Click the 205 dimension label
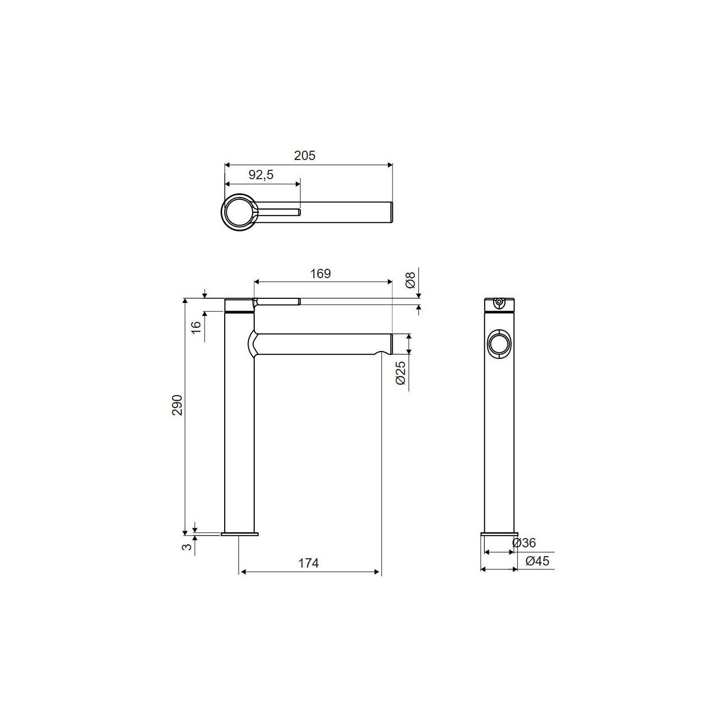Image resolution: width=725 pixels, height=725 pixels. pyautogui.click(x=304, y=155)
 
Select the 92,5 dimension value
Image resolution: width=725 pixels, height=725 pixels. pyautogui.click(x=260, y=175)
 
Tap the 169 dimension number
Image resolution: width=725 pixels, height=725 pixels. pyautogui.click(x=320, y=273)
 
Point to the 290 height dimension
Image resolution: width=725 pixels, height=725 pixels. pyautogui.click(x=177, y=405)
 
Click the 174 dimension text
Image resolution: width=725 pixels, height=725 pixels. pyautogui.click(x=308, y=563)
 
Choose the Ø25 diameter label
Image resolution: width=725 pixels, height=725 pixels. pyautogui.click(x=401, y=372)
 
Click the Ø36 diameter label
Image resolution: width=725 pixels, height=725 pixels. pyautogui.click(x=524, y=543)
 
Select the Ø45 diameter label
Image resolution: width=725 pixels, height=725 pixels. pyautogui.click(x=537, y=561)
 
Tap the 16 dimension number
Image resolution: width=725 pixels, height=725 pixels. pyautogui.click(x=196, y=327)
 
